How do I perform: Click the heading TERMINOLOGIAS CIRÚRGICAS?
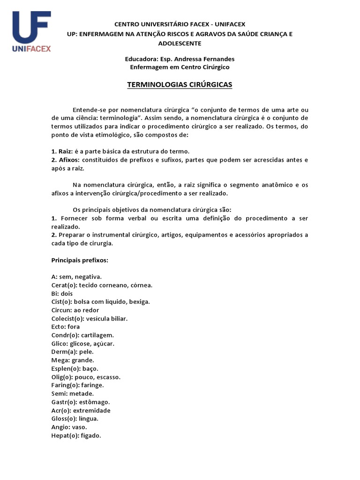pos(180,85)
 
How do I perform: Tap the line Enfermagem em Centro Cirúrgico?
pos(180,67)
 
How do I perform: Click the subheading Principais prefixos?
pos(80,260)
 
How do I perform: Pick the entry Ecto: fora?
pos(66,327)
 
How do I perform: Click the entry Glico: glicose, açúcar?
pos(82,344)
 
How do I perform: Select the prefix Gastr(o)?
pos(64,402)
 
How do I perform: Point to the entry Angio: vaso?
pos(69,427)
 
